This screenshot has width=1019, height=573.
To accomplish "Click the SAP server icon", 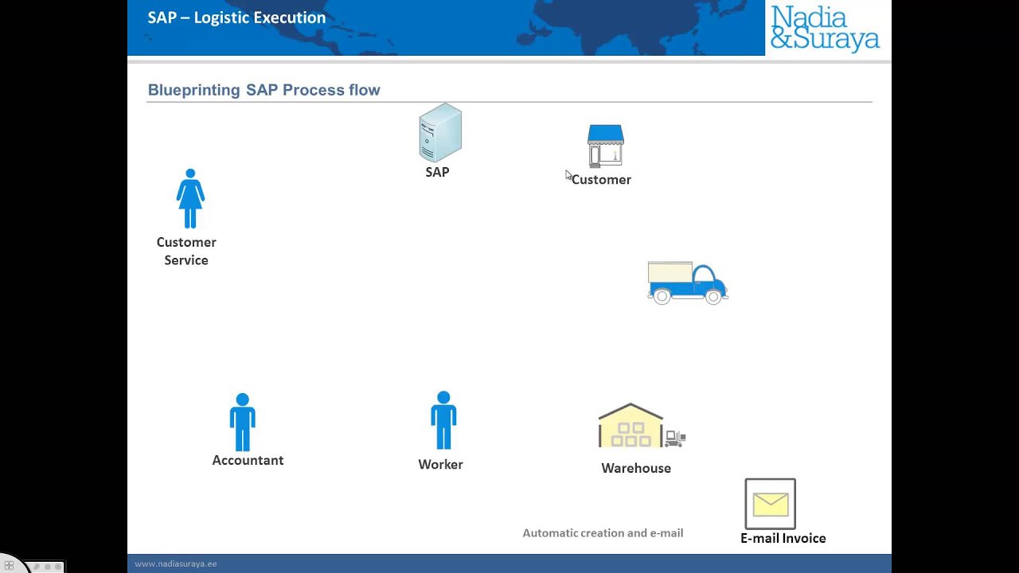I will [x=440, y=132].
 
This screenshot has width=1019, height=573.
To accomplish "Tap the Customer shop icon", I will [x=605, y=146].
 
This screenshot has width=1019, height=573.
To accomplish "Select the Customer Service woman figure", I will [x=190, y=199].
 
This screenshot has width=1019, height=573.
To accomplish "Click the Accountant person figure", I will [x=243, y=423].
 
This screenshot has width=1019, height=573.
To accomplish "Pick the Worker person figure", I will [x=443, y=421].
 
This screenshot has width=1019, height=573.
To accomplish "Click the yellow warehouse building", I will [x=631, y=427].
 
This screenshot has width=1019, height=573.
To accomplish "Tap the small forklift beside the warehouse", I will [x=675, y=437].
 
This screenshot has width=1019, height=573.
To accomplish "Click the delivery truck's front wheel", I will [x=713, y=297].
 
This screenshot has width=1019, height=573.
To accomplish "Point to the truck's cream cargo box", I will [x=670, y=273].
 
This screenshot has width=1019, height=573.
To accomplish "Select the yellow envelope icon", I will [x=770, y=504].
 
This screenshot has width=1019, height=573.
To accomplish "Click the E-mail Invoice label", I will [x=783, y=539].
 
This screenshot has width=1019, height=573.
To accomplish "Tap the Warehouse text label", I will [x=636, y=469].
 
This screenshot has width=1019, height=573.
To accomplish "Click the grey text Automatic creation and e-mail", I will [x=603, y=533].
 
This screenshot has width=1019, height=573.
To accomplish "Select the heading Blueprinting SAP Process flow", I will [x=264, y=90].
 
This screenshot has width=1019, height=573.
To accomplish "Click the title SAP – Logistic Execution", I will [x=236, y=18].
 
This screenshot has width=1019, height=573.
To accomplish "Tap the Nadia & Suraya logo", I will [x=825, y=28].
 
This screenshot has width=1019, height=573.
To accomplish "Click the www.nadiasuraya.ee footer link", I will [x=175, y=564].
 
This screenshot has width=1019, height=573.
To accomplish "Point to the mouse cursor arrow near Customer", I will [x=568, y=175].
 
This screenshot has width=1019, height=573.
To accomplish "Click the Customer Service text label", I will [x=186, y=251].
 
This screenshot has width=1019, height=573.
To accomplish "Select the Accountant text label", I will [x=248, y=461].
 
